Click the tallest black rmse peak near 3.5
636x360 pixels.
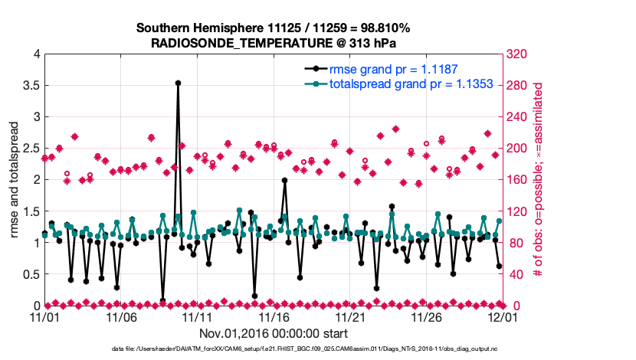coord(178,83)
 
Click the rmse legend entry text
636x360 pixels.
coord(393,69)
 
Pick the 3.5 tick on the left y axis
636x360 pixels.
coord(31,85)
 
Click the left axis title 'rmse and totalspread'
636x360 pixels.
coord(15,179)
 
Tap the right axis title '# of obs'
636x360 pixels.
coord(538,179)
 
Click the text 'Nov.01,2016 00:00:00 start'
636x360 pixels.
coord(274,334)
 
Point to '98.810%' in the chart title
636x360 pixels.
coord(384,28)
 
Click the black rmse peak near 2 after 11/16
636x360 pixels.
coord(284,181)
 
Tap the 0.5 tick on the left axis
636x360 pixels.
coord(31,274)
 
